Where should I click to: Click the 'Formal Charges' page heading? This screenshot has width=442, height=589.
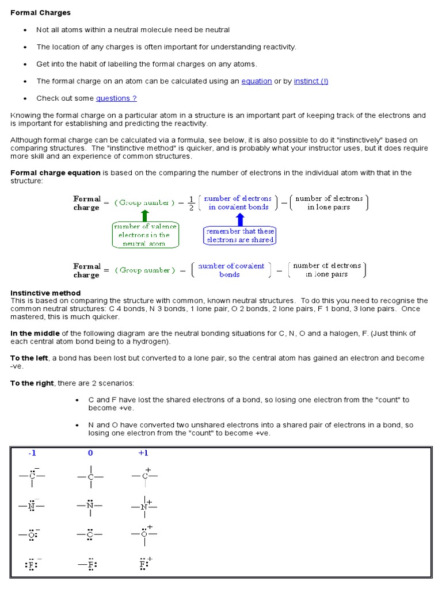41,13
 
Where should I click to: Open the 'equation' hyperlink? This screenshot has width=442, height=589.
256,81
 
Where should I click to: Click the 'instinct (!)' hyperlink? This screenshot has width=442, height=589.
311,81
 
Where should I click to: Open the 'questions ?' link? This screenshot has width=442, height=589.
116,98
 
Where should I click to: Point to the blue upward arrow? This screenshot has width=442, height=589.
240,219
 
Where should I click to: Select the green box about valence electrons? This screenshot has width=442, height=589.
144,235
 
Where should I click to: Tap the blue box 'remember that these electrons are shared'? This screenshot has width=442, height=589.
241,235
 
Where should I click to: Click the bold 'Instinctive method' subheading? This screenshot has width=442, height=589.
45,293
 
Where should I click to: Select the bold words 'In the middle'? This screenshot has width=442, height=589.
35,334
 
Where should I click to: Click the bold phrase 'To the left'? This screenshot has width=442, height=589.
29,358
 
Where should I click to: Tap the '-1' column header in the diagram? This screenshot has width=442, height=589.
32,453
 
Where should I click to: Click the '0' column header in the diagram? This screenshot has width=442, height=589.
90,453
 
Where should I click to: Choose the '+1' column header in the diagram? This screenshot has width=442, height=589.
143,453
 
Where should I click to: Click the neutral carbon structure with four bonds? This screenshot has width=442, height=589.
90,476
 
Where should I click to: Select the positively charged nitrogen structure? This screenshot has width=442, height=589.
144,506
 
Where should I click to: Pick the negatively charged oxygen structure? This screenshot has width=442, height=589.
32,534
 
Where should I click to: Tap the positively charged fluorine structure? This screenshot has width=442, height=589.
144,564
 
